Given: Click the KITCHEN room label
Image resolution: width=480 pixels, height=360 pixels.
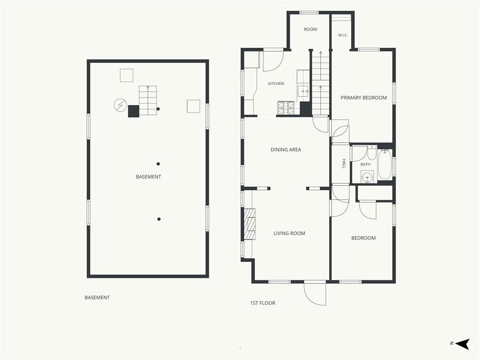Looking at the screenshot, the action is (x=276, y=83).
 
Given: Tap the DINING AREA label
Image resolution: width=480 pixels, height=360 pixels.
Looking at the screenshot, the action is (x=285, y=150).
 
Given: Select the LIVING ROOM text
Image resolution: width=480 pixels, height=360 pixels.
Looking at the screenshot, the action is (x=289, y=233).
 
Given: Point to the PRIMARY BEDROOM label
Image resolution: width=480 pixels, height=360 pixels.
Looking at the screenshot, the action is (x=364, y=97).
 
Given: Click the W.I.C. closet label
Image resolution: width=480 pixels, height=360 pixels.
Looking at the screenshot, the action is (x=343, y=35).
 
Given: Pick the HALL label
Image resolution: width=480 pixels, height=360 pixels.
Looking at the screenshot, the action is (x=344, y=164).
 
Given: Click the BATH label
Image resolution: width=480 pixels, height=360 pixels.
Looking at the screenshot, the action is (x=365, y=165).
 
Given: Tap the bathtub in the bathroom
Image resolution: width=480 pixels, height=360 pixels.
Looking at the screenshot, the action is (x=384, y=165).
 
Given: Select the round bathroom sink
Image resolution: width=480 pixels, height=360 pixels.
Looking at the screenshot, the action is (x=367, y=177).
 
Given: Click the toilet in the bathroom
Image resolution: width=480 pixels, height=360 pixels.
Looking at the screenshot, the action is (x=371, y=154).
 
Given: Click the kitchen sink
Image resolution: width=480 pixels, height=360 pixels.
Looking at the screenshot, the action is (x=303, y=91).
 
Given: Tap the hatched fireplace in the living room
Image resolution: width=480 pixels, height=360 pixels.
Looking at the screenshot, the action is (x=250, y=224).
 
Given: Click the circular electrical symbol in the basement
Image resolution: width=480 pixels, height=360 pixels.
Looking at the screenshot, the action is (x=120, y=105).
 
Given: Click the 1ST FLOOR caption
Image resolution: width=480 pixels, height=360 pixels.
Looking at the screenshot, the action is (x=262, y=303).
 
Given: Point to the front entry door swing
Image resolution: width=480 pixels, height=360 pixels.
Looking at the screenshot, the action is (x=315, y=293).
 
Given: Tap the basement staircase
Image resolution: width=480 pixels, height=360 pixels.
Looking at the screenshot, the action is (x=148, y=100).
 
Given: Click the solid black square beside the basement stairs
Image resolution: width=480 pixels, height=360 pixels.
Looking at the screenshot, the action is (x=134, y=111).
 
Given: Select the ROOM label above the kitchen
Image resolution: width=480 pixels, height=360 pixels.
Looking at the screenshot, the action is (x=310, y=30).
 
